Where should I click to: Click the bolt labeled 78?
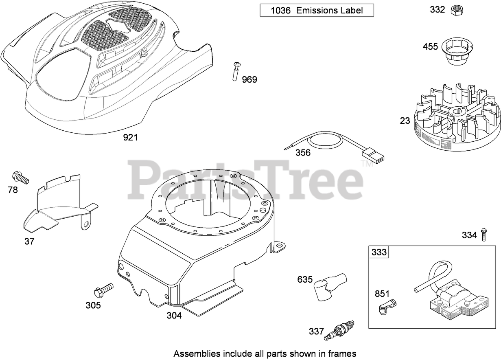click(x=21, y=177)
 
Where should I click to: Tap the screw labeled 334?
click(x=483, y=235)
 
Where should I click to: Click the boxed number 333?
click(x=379, y=252)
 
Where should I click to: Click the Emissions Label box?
click(x=317, y=11)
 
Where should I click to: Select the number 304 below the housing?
click(x=174, y=315)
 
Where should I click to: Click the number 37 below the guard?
click(x=29, y=241)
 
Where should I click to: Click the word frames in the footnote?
click(x=344, y=353)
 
